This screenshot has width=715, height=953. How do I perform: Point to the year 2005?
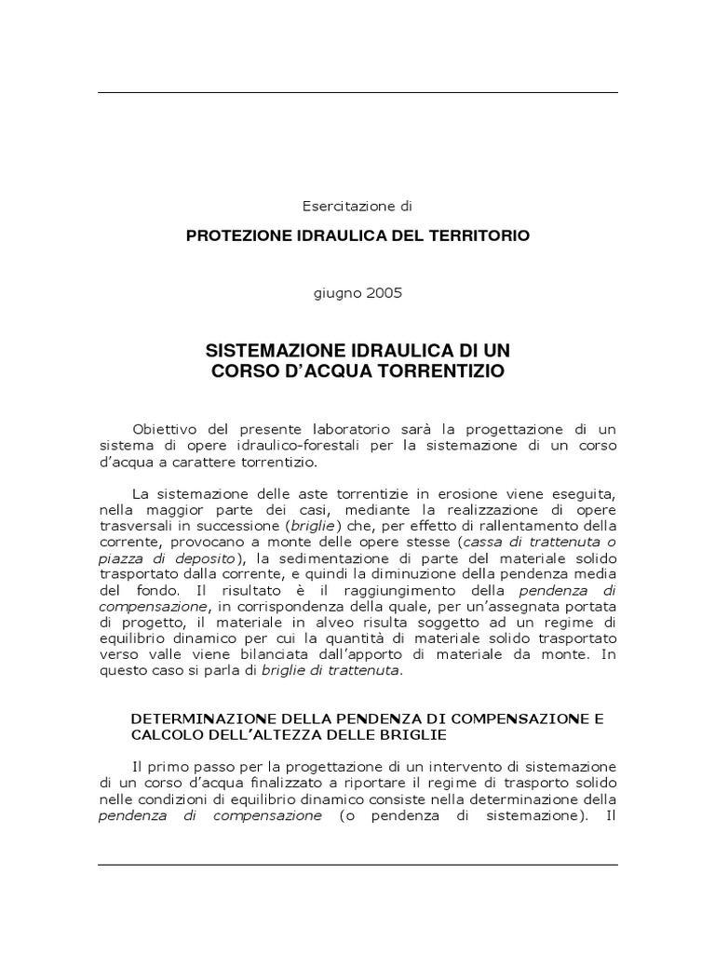[x=384, y=292]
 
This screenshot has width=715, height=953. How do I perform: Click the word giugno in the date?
[x=335, y=292]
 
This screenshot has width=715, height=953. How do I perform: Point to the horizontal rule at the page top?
[x=357, y=92]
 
